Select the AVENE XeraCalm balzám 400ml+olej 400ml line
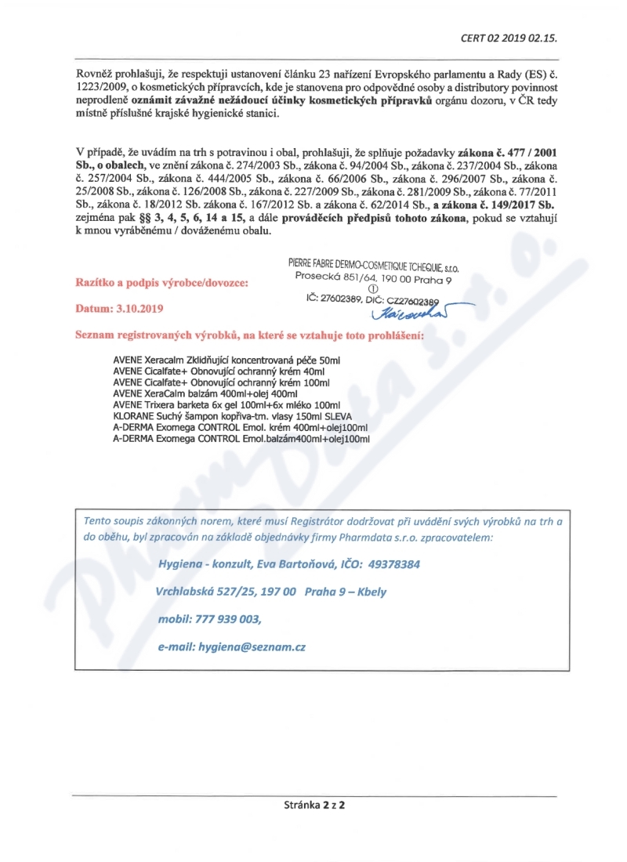tap(205, 393)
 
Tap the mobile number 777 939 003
tap(227, 619)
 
